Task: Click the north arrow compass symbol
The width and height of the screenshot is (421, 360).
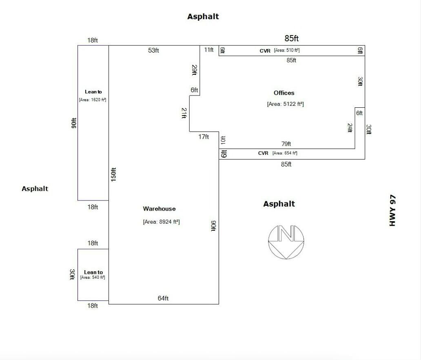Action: (x=286, y=242)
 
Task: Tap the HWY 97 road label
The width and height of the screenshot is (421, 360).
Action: (x=392, y=210)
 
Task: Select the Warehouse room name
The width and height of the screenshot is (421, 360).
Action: (x=159, y=209)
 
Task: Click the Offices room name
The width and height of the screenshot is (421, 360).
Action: (x=284, y=93)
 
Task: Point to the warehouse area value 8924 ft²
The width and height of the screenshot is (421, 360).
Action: (x=162, y=222)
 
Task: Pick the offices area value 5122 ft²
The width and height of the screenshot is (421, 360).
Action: (x=286, y=104)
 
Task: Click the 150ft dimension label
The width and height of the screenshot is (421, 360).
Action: (x=113, y=175)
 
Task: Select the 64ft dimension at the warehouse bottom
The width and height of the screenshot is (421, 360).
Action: (x=163, y=298)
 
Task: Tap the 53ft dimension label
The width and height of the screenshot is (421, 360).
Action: (x=153, y=50)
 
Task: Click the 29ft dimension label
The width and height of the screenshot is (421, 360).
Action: (x=195, y=70)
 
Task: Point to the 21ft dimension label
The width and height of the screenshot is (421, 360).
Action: (x=184, y=113)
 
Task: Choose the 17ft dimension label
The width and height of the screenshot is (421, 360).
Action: (x=204, y=137)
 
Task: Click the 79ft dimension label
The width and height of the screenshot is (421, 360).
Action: (x=286, y=144)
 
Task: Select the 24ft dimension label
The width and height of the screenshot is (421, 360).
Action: (x=350, y=128)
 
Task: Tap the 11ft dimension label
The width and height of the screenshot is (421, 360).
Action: (x=208, y=50)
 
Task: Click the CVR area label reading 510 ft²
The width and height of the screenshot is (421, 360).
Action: (x=287, y=50)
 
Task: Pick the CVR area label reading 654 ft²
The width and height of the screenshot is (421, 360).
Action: (x=285, y=153)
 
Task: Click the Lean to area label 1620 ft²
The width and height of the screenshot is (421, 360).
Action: (x=93, y=100)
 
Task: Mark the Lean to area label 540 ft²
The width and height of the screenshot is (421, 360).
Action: (x=93, y=277)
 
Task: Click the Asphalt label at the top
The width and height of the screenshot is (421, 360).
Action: (x=203, y=16)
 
